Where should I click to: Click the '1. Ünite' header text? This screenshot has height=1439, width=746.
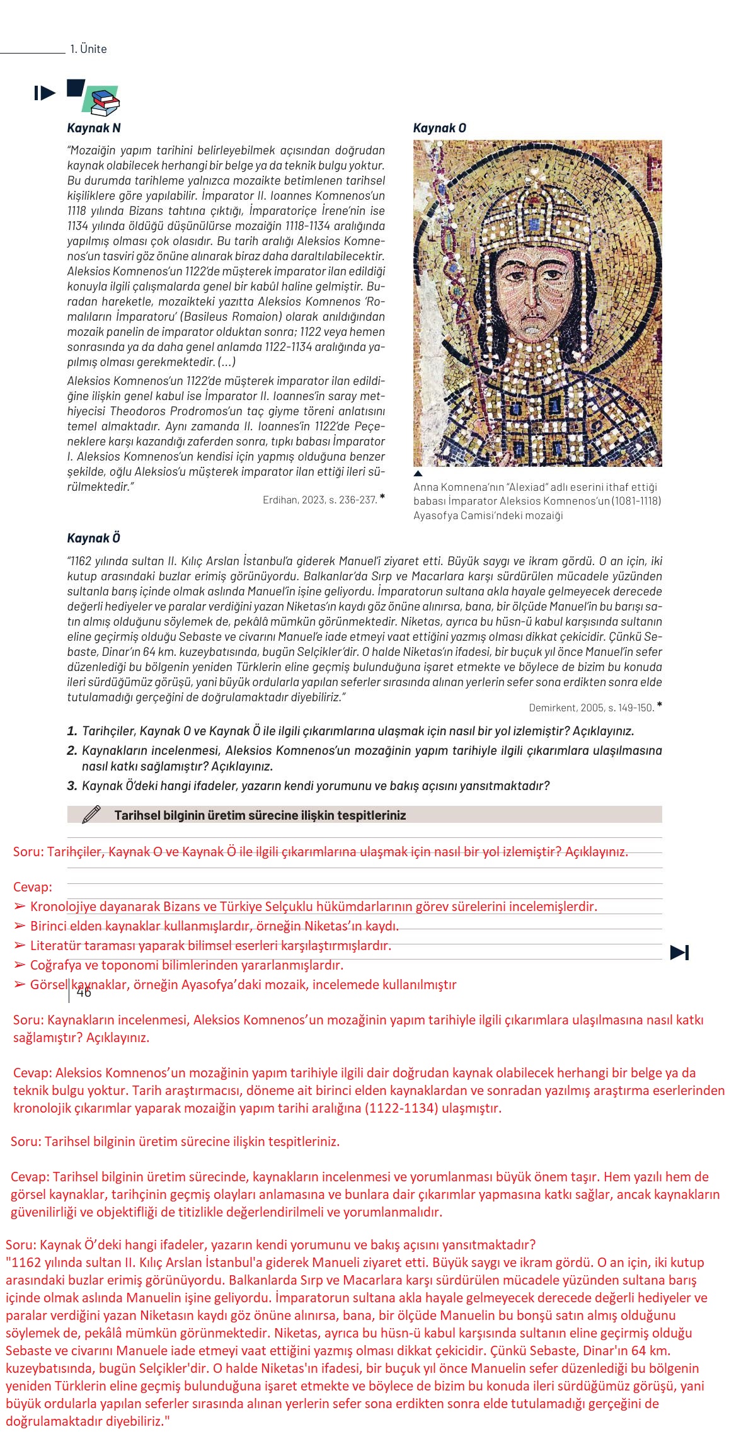coord(88,49)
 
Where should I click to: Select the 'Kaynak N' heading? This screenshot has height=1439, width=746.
coord(94,128)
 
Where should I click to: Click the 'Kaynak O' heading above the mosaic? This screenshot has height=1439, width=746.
coord(439,128)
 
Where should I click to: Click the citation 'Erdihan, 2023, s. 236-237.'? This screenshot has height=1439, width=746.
coord(319,500)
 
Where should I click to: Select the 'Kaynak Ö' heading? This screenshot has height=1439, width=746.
coord(94,538)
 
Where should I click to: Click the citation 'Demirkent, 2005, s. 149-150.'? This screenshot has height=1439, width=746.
coord(591,708)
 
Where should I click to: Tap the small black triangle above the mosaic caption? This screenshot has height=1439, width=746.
coord(418,473)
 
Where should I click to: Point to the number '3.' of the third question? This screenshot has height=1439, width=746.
coord(72,786)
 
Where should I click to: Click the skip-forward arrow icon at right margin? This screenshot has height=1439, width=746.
coord(679,953)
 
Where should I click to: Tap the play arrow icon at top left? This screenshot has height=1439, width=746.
coord(45,93)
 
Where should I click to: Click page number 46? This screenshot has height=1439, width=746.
coord(84,992)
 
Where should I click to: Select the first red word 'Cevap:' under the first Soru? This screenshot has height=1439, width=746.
coord(33,887)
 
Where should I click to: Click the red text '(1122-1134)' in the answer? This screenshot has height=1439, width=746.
coord(401,1108)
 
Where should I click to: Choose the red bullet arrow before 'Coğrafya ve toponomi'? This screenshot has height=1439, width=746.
coord(20,965)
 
